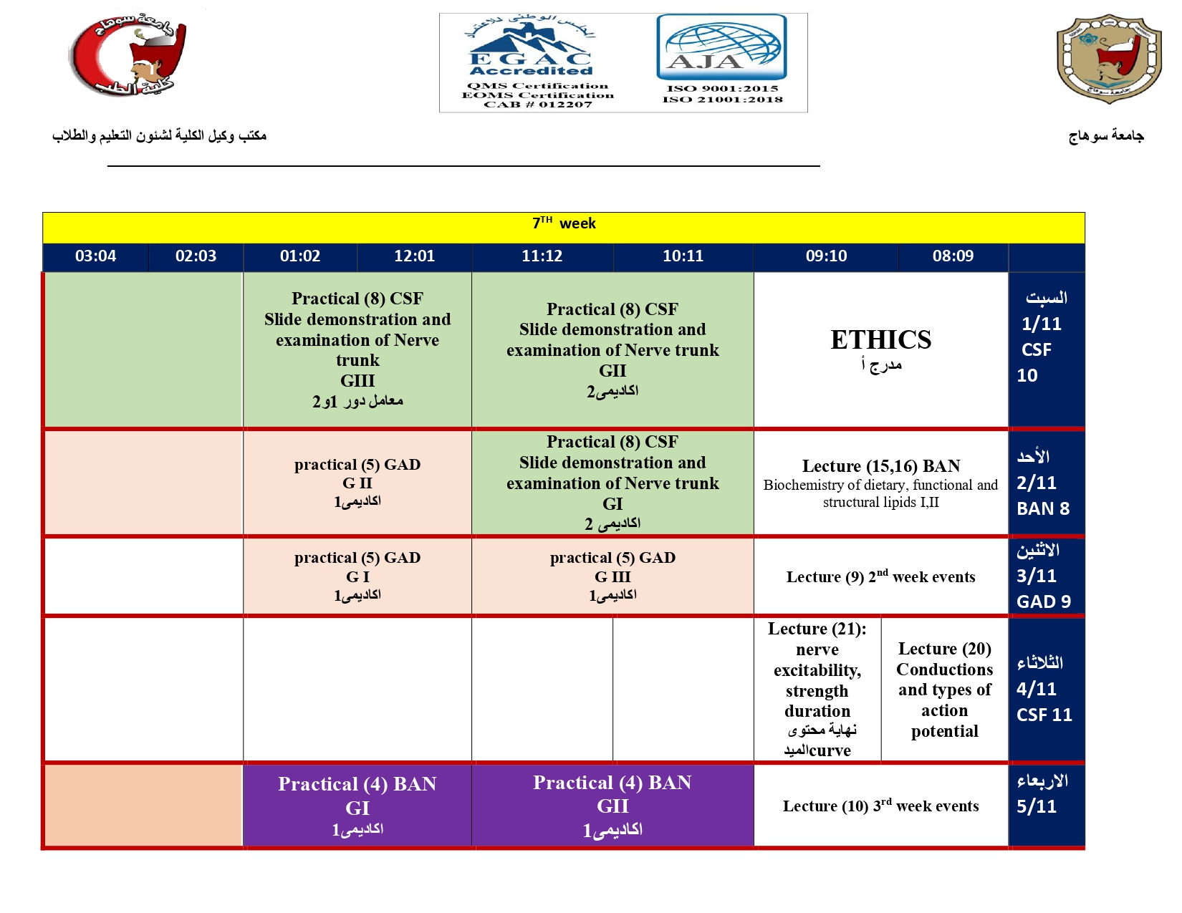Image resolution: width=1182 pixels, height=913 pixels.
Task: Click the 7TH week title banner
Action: pyautogui.click(x=564, y=224)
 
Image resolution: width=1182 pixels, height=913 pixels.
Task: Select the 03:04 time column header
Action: pyautogui.click(x=95, y=256)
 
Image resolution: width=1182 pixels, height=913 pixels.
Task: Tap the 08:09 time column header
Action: pyautogui.click(x=953, y=256)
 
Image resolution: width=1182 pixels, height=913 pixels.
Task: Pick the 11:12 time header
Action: pyautogui.click(x=542, y=256)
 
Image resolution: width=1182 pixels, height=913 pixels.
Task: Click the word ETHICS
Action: pyautogui.click(x=880, y=340)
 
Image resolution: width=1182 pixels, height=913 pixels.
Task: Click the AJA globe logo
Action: pyautogui.click(x=721, y=47)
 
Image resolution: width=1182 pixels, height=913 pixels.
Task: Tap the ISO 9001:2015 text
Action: pyautogui.click(x=722, y=89)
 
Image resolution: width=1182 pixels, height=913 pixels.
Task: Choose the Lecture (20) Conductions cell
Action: pyautogui.click(x=944, y=690)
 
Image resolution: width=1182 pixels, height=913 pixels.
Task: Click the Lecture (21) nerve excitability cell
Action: pyautogui.click(x=817, y=690)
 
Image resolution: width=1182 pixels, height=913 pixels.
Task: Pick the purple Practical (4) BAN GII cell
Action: pyautogui.click(x=612, y=806)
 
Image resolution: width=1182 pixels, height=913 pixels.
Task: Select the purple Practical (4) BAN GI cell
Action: pyautogui.click(x=357, y=806)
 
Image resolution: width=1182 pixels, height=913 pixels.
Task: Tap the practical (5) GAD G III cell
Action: pyautogui.click(x=612, y=576)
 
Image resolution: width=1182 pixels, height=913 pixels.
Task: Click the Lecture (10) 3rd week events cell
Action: pyautogui.click(x=880, y=806)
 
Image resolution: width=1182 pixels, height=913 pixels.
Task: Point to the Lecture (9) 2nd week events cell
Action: pyautogui.click(x=880, y=577)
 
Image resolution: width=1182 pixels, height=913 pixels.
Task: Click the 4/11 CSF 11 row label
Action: pyautogui.click(x=1045, y=689)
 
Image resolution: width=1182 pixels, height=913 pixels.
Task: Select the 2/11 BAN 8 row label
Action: pyautogui.click(x=1044, y=483)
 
